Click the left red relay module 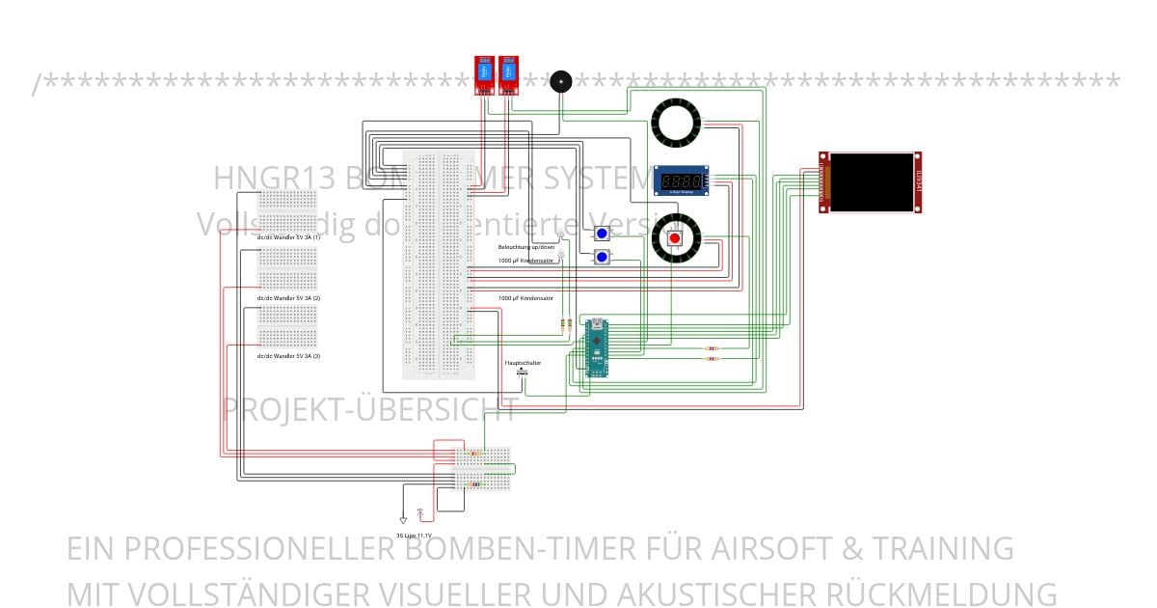pos(483,75)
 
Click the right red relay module pos(507,75)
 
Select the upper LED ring pos(675,123)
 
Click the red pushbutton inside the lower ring pos(675,238)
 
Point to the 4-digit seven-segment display pos(682,180)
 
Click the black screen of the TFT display pos(871,182)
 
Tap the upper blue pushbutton pos(602,234)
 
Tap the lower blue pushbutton pos(602,257)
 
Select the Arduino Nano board pos(598,348)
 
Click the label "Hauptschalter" pos(523,363)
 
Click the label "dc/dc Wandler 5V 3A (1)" pos(288,236)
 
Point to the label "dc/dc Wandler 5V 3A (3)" pos(288,356)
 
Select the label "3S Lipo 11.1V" pos(414,535)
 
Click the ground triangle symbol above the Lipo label pos(403,518)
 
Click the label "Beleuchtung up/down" pos(526,247)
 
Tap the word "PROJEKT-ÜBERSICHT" pos(370,409)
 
